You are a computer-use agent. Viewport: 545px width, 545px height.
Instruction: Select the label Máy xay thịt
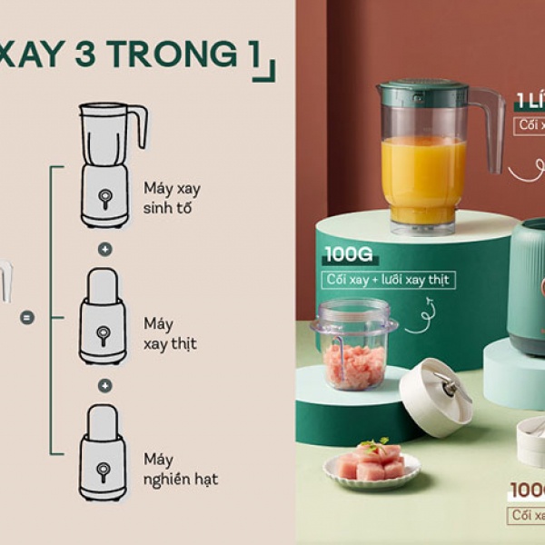pos(170,333)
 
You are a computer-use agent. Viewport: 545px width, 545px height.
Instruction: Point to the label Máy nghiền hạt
pos(181,469)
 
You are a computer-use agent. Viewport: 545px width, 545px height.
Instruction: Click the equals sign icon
pos(27,317)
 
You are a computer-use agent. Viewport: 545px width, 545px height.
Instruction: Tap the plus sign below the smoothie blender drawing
pos(104,248)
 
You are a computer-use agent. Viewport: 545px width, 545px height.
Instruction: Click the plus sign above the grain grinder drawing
pos(104,385)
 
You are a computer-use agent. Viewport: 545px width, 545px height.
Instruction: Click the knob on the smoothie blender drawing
pos(104,196)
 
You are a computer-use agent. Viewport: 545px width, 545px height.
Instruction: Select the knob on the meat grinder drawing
pos(104,333)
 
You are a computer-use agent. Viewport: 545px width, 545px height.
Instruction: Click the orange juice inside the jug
pos(423,178)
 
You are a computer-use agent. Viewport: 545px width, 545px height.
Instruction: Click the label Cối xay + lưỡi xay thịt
pos(389,280)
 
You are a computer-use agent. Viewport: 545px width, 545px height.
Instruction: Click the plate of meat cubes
pos(372,465)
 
